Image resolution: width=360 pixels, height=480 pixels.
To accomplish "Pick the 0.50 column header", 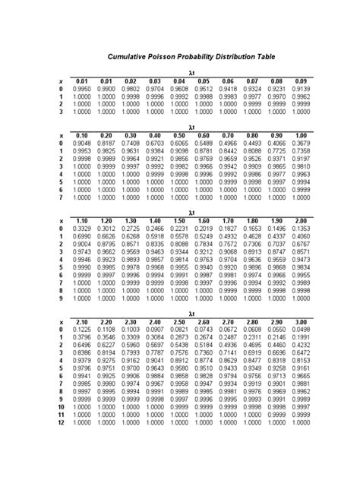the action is pos(179,135).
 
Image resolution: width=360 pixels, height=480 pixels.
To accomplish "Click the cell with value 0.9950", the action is pos(84,89).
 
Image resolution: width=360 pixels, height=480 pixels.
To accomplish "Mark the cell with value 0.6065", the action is pos(179,143).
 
